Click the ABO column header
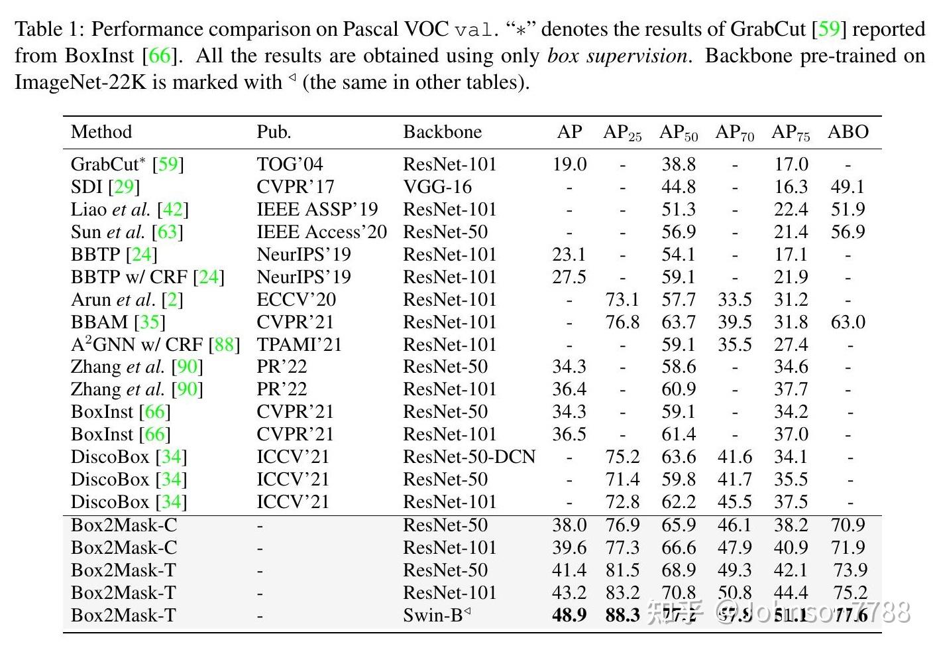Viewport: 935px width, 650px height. (848, 132)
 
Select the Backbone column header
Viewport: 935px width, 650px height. (442, 132)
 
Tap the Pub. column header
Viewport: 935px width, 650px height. (274, 132)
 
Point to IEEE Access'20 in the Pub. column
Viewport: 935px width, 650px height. (321, 232)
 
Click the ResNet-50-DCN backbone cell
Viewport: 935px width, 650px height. (468, 457)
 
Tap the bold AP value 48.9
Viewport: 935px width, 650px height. (569, 616)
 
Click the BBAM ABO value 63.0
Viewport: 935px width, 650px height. (848, 322)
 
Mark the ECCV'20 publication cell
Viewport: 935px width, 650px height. (296, 300)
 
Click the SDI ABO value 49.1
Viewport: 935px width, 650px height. (848, 187)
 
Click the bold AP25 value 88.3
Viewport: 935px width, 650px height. (622, 616)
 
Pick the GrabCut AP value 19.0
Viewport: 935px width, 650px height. (569, 164)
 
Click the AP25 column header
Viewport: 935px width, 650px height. (622, 133)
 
